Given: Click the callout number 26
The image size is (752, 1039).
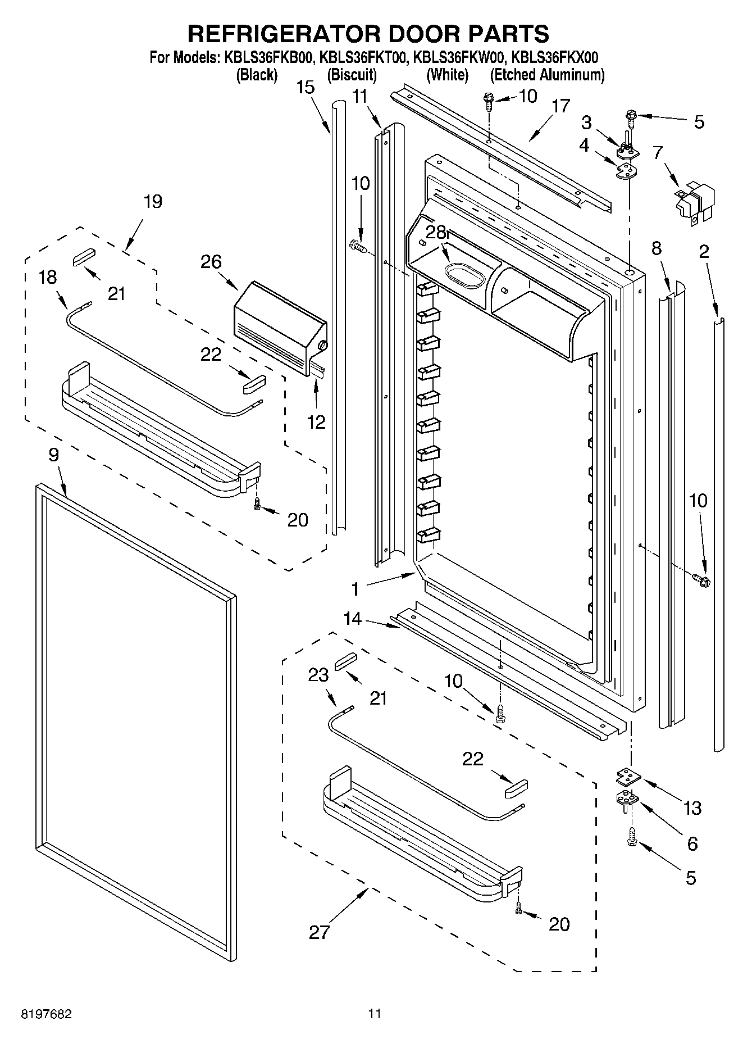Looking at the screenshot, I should [x=212, y=262].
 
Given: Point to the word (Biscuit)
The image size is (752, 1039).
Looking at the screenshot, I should [x=352, y=75].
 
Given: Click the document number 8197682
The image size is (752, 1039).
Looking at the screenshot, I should [x=46, y=1014].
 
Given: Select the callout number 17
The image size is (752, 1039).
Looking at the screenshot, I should [x=560, y=106].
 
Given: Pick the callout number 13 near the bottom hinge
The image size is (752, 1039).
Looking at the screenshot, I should [x=692, y=808].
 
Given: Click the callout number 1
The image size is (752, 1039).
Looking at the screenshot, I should [x=355, y=589].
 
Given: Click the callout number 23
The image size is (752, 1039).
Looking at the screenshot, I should [x=318, y=674].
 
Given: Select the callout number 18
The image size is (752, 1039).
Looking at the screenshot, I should [x=48, y=277].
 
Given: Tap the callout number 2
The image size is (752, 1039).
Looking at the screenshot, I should [x=704, y=251].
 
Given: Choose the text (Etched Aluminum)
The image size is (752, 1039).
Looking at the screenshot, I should [x=547, y=75].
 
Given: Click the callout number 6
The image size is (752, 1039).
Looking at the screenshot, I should [x=692, y=843].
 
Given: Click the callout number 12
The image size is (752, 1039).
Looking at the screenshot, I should [x=316, y=422].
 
